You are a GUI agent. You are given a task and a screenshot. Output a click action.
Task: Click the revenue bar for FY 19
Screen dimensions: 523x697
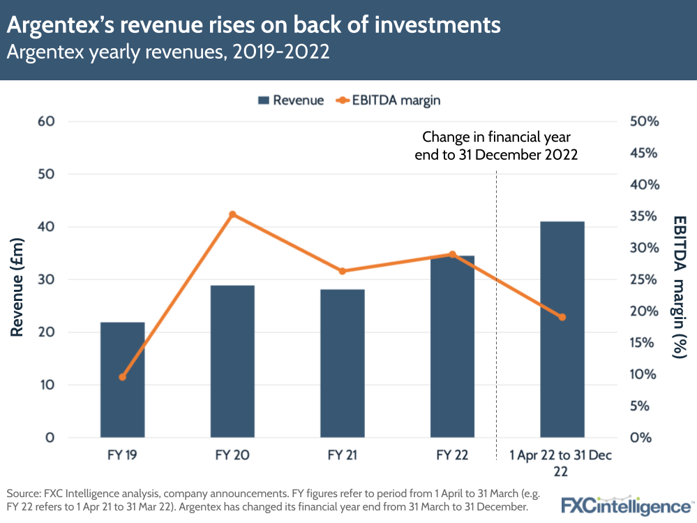tap(122, 381)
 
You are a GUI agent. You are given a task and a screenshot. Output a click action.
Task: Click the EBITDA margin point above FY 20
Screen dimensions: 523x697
tap(233, 214)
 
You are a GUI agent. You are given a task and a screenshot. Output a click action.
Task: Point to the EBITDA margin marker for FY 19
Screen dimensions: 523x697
tap(123, 377)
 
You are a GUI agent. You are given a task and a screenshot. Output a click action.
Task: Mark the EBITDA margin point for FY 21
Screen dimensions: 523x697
tap(343, 271)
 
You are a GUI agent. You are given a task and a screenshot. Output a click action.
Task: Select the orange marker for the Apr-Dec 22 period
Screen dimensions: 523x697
tap(562, 317)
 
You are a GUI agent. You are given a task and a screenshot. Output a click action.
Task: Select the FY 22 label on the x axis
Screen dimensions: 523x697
tap(452, 456)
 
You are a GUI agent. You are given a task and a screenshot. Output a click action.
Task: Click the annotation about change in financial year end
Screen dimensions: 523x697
tap(496, 146)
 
